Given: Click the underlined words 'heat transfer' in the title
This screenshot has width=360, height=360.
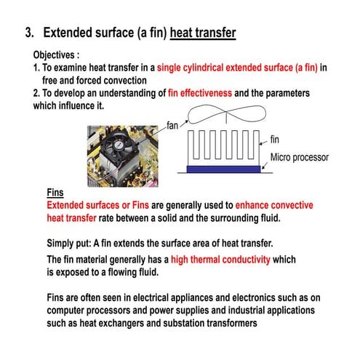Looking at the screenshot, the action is click(x=203, y=33).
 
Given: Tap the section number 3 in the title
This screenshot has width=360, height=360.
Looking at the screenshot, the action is click(x=29, y=33).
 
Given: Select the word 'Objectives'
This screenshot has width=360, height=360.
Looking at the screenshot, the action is click(x=54, y=55).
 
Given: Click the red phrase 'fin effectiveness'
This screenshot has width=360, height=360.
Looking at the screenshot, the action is click(x=200, y=93).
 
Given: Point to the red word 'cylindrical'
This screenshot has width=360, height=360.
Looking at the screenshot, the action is click(x=203, y=68).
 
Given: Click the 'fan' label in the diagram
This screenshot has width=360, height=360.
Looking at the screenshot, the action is click(x=172, y=126).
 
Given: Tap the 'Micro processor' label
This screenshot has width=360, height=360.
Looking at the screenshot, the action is click(x=300, y=158).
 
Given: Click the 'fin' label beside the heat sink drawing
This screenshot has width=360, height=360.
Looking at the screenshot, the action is click(x=274, y=140).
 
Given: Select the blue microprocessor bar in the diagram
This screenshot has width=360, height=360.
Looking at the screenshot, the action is click(x=223, y=169).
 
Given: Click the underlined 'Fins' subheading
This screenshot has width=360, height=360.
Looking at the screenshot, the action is click(x=55, y=193).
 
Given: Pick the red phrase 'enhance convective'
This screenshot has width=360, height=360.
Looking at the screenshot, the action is click(x=274, y=205).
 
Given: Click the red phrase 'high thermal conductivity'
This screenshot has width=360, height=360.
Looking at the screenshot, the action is click(x=220, y=260).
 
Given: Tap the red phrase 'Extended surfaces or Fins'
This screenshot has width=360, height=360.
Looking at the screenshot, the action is click(x=97, y=205).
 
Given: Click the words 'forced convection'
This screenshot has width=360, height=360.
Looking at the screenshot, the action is click(x=111, y=81).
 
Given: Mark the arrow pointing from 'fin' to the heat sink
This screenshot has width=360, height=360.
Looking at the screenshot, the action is click(x=264, y=143).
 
